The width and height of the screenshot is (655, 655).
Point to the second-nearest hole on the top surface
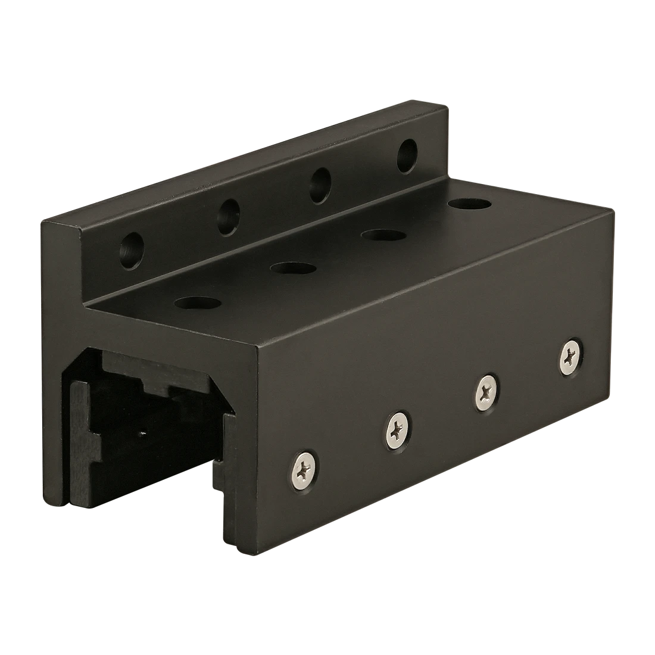(292, 269)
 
